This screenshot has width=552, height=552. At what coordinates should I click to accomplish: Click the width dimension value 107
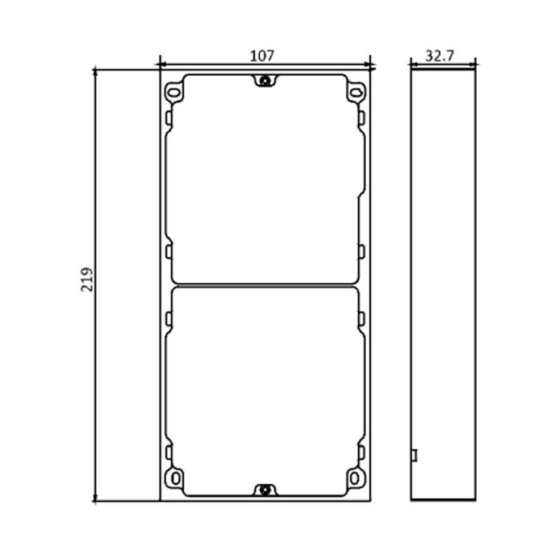(x=262, y=57)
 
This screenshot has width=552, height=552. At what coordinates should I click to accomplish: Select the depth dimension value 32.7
(x=439, y=56)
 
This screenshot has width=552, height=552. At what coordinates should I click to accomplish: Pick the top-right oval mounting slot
(x=355, y=91)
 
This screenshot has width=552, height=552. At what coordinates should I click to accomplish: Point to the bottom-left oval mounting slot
(x=174, y=477)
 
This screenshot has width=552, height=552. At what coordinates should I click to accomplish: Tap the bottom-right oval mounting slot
(x=355, y=477)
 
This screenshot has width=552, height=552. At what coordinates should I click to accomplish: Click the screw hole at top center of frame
(x=264, y=82)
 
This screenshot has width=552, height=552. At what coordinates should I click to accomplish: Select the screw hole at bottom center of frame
(x=264, y=490)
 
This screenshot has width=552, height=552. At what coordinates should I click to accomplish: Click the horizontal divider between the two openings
(x=264, y=285)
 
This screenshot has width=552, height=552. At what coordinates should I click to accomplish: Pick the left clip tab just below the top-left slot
(x=168, y=118)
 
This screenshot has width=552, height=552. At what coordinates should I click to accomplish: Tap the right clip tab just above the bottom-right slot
(x=361, y=453)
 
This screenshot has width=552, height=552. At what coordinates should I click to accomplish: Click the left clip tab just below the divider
(x=168, y=318)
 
